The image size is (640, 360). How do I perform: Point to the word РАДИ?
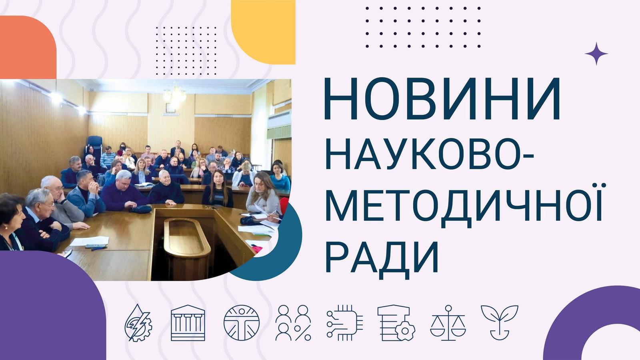click(382, 255)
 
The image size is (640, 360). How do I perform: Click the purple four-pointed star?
click(596, 54)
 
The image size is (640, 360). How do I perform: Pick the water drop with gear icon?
click(138, 323)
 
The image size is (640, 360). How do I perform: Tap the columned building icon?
click(188, 323)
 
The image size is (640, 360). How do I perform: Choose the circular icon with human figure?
click(242, 323)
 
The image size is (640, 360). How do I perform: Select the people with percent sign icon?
click(293, 323)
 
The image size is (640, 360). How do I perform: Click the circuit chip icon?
click(345, 323)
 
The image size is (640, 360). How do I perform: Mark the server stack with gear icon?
click(396, 323)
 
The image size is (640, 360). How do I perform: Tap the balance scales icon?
click(448, 323)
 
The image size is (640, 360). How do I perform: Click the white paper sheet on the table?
click(90, 241)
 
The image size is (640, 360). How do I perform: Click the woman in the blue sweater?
click(280, 178)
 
